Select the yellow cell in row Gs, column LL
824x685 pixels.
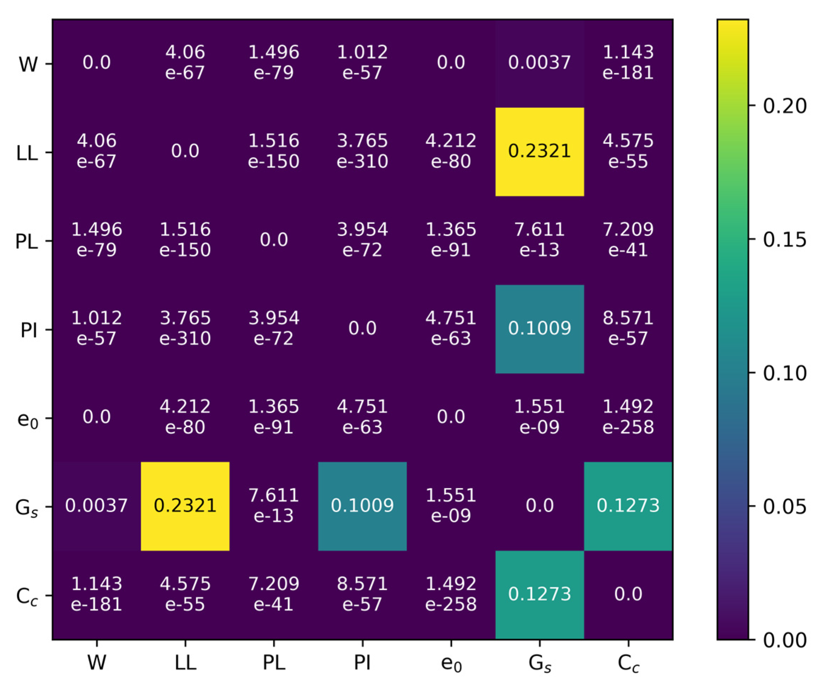(185, 506)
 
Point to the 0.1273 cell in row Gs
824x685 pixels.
(628, 506)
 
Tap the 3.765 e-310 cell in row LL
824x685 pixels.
(362, 151)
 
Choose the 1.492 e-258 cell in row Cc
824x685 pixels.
(451, 594)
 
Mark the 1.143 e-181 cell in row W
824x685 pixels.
(628, 63)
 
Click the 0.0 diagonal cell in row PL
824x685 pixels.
(273, 240)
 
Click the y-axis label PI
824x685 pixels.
(29, 330)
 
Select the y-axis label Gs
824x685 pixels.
(27, 508)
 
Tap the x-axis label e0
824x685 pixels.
(451, 663)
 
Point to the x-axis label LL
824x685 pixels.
(185, 663)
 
